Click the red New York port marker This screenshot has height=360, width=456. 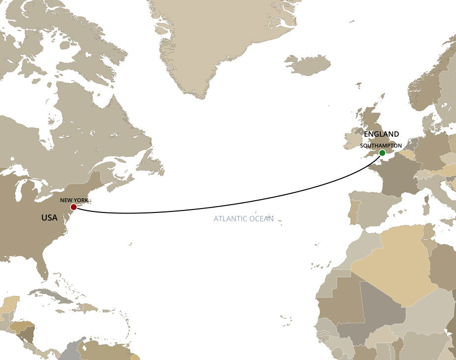click(74, 207)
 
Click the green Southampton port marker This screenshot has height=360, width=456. click(382, 153)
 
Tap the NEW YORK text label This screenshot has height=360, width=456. click(74, 200)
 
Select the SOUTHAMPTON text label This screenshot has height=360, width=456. click(381, 146)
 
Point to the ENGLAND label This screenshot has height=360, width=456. click(381, 134)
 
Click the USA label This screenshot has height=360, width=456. click(49, 217)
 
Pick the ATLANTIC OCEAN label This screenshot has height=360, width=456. click(243, 219)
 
